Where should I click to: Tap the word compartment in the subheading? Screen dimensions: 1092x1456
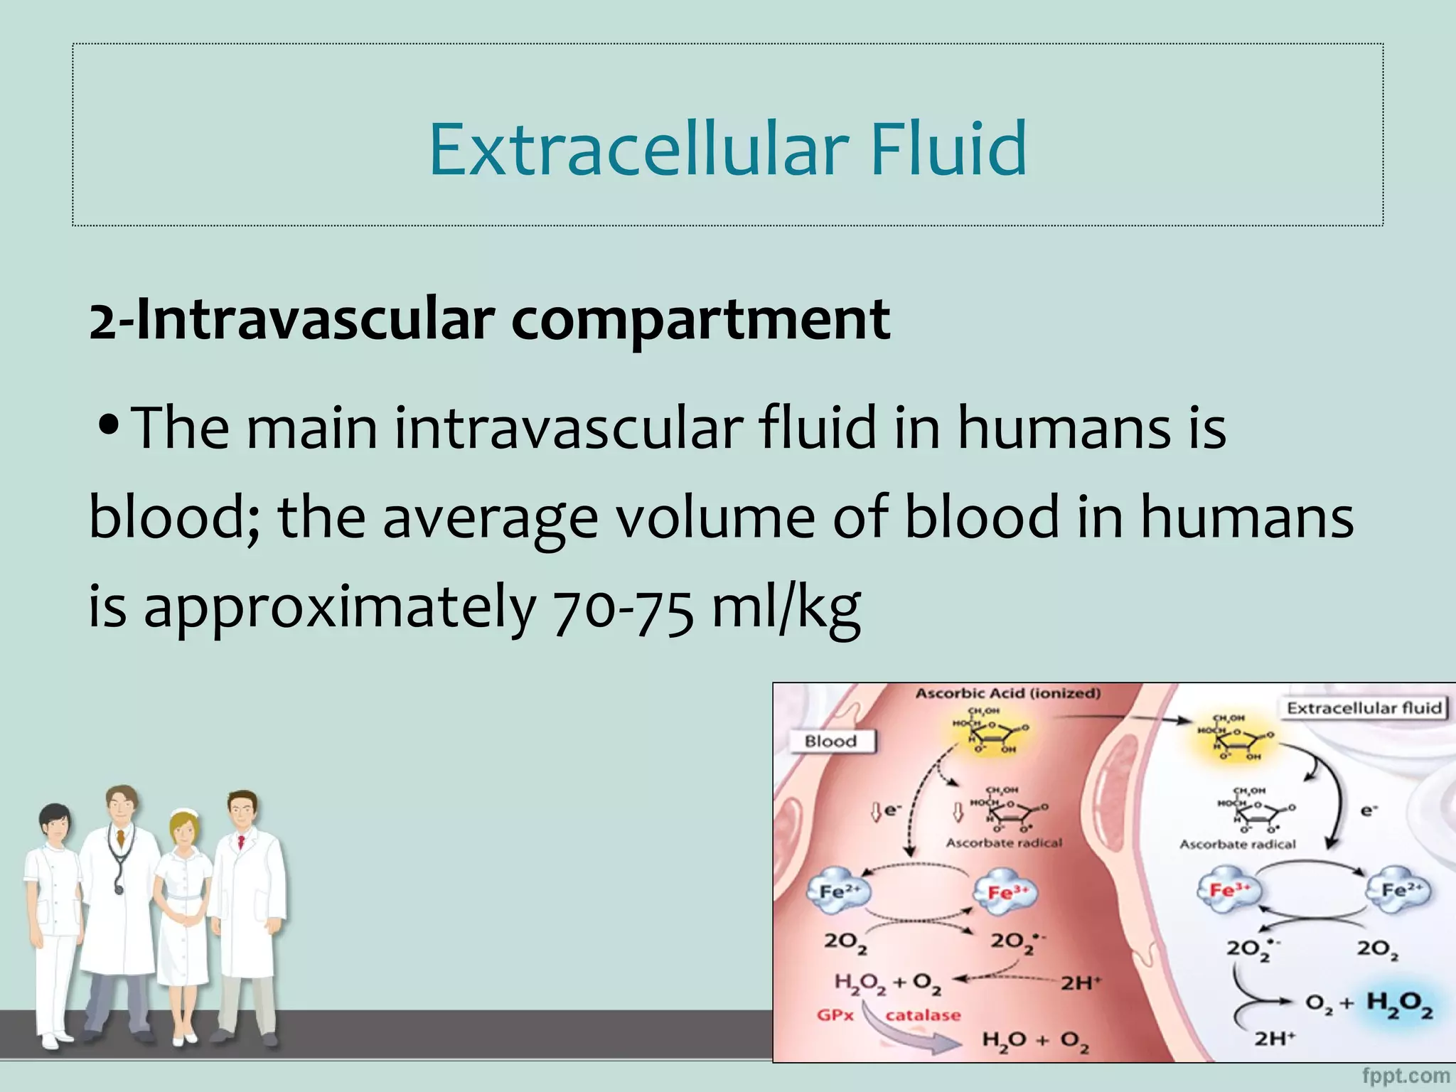click(700, 319)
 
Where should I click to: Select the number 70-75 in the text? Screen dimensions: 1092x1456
click(622, 609)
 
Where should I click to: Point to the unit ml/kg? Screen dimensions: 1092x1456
click(786, 607)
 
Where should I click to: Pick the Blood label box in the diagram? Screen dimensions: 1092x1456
click(830, 742)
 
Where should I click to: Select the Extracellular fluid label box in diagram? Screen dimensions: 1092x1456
click(1364, 708)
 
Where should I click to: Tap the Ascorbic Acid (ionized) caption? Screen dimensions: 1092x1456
click(1007, 693)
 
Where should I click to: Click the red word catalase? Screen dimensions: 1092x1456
click(923, 1015)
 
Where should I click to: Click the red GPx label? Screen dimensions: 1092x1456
click(835, 1015)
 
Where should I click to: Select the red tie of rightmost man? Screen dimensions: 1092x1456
click(241, 843)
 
